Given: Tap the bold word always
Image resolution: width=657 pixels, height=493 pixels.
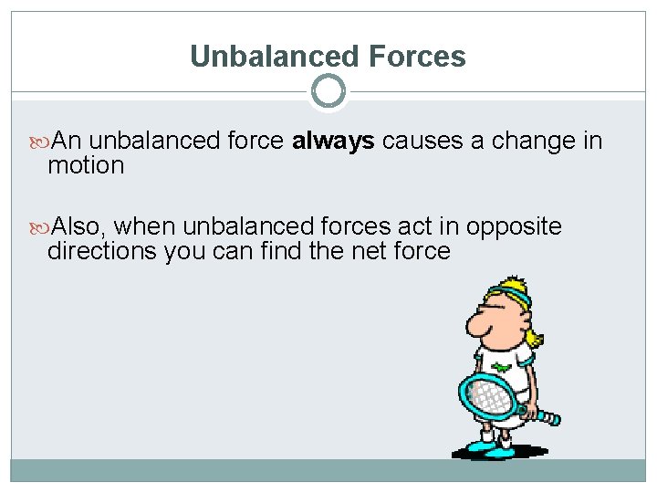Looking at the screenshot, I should point(333,141).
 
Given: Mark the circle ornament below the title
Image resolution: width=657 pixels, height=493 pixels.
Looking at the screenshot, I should point(328,91).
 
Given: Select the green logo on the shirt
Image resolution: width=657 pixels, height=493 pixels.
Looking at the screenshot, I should point(501,368).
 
